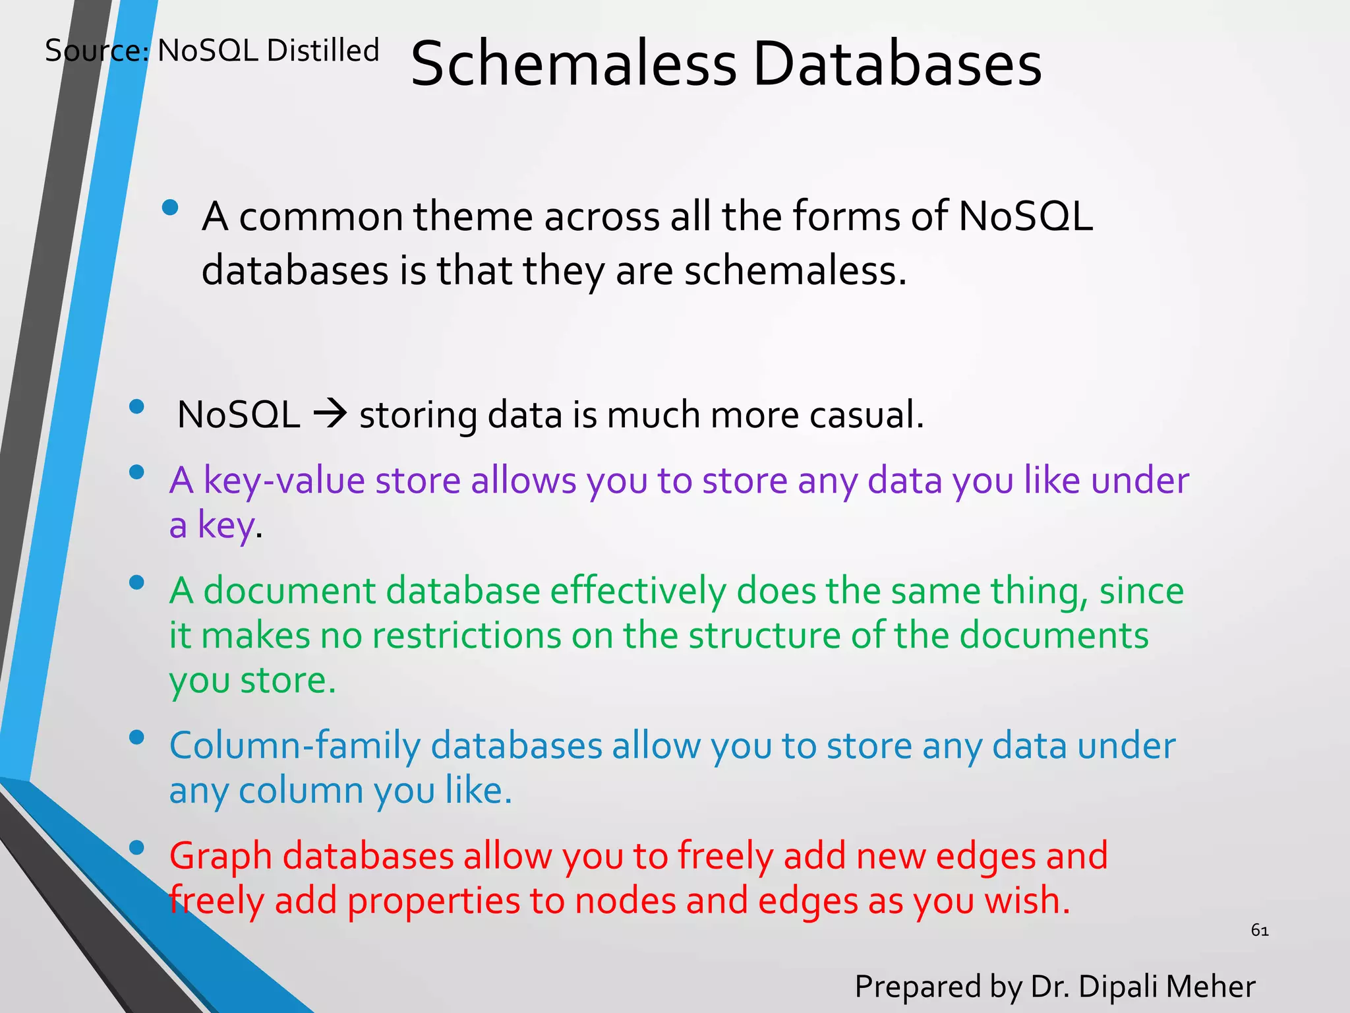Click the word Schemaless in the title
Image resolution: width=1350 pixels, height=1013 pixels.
coord(573,64)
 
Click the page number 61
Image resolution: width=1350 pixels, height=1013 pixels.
coord(1260,931)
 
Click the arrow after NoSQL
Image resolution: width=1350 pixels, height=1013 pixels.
coord(330,415)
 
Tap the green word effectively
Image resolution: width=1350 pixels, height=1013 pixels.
coord(637,590)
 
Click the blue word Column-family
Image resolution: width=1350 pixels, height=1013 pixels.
coord(295,746)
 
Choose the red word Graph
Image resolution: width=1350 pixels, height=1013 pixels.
coord(221,856)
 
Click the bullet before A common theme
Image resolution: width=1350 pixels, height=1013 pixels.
coord(170,208)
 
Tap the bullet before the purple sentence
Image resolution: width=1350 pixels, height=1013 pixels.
coord(137,472)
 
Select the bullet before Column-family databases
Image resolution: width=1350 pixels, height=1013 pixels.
coord(137,737)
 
